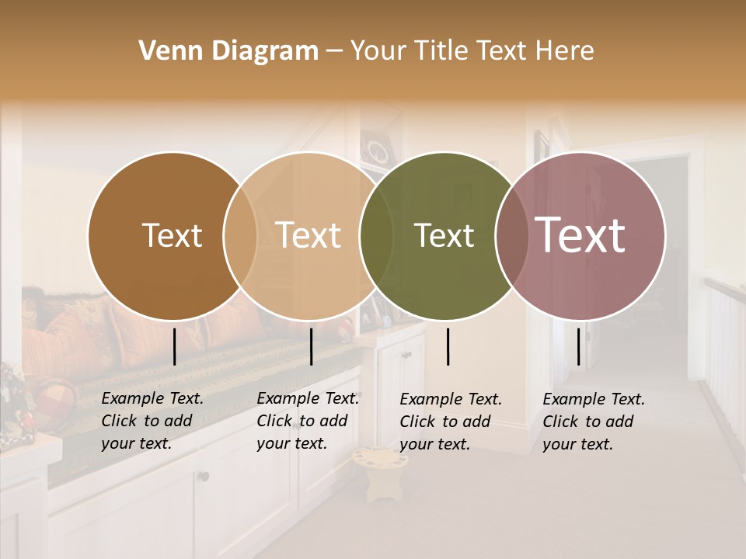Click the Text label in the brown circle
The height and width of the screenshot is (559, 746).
(172, 235)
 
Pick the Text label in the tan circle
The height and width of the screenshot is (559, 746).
(308, 235)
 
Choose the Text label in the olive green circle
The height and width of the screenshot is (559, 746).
(444, 235)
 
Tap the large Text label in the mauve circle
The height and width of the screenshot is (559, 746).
(580, 235)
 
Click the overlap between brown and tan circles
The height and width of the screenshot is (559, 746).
(240, 235)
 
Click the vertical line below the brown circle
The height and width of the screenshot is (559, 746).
(175, 346)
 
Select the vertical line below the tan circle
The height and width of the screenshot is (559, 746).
(311, 346)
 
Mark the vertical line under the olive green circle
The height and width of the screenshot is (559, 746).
(448, 346)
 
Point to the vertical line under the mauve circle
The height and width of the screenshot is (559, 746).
(579, 346)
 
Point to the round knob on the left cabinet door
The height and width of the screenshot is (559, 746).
(204, 476)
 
